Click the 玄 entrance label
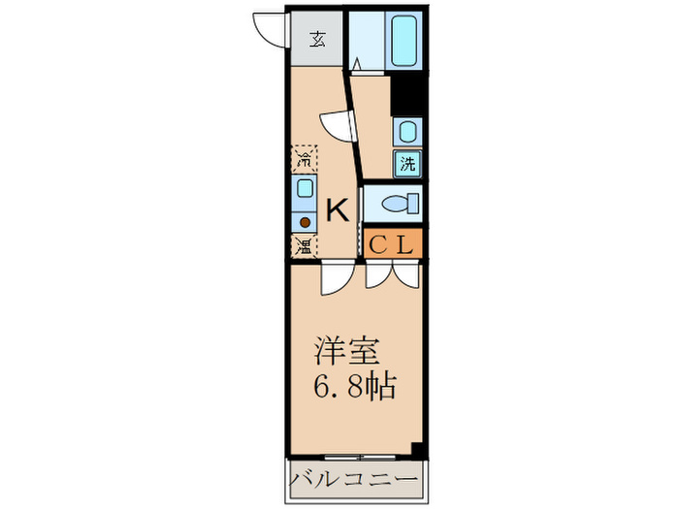tap(317, 40)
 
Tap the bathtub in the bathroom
tap(404, 40)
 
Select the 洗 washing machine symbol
tap(407, 163)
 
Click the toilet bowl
tap(399, 204)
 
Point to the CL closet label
tap(393, 244)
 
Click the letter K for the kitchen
tap(337, 209)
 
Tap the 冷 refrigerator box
tap(305, 158)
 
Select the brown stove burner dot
tap(305, 219)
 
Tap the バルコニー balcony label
tap(355, 480)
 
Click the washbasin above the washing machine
tap(407, 131)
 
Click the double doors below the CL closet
tap(393, 274)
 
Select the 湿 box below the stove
tap(305, 245)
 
